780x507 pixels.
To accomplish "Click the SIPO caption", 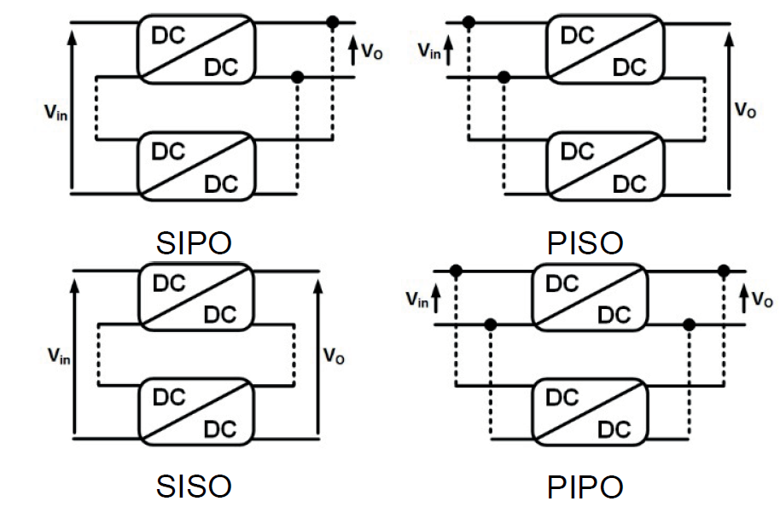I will click(x=195, y=243).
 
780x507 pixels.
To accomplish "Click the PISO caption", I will click(x=585, y=243).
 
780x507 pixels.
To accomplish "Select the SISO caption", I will click(x=195, y=487).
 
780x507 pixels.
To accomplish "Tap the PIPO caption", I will click(x=585, y=487).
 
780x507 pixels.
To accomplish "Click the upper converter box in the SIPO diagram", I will click(x=195, y=49).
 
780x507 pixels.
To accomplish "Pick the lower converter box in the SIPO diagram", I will click(x=195, y=166).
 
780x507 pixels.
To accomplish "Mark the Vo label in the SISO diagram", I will click(x=335, y=356).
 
